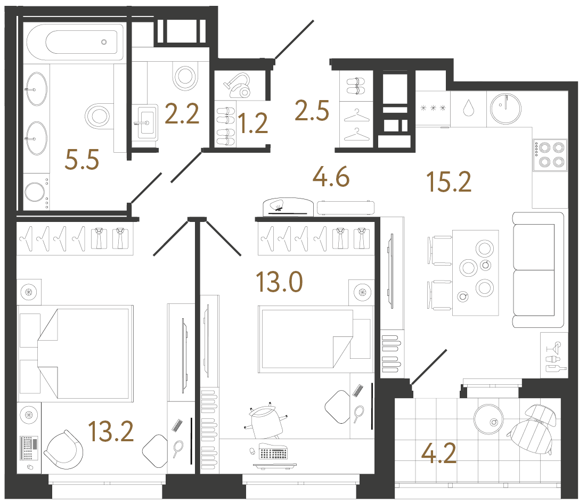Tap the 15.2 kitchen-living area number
pos(449,183)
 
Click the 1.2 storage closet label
pos(252,124)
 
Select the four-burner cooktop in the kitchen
pos(549,155)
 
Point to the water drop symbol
pos(468,108)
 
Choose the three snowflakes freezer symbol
pos(433,109)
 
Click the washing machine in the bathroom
pos(36,194)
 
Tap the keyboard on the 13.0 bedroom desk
pos(273,454)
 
